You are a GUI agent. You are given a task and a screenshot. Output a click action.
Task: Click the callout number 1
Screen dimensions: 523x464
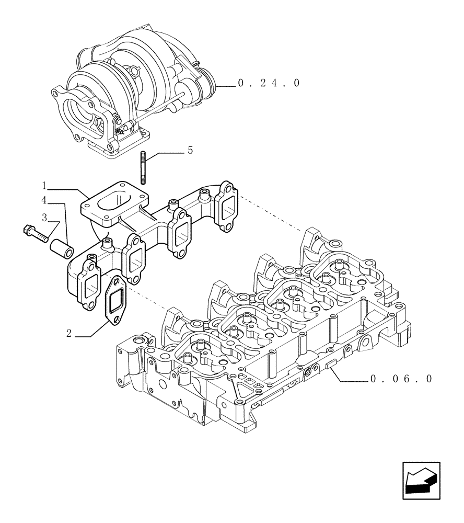(45, 185)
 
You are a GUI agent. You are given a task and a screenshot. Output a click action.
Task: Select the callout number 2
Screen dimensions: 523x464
(68, 333)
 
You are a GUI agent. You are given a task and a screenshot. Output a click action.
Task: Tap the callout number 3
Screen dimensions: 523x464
(45, 217)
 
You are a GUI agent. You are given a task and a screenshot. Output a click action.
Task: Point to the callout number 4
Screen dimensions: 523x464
(45, 199)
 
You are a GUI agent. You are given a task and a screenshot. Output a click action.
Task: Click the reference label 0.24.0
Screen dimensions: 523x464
(269, 83)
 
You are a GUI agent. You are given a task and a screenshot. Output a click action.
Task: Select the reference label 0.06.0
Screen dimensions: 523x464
(401, 379)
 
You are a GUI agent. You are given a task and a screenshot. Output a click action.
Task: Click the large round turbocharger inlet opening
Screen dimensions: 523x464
(82, 112)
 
